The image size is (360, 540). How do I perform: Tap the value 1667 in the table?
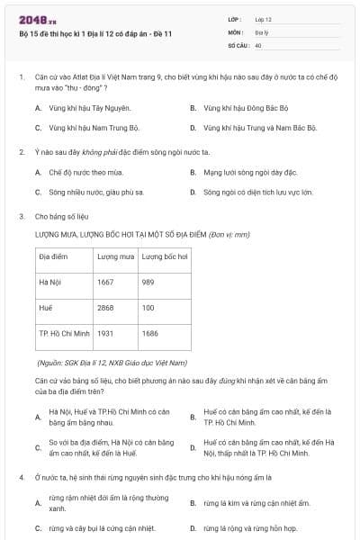click(x=105, y=282)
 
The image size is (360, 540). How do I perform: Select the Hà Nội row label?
click(x=50, y=282)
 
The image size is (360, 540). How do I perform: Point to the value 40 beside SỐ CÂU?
click(x=258, y=44)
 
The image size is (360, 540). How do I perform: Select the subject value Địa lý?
click(x=261, y=31)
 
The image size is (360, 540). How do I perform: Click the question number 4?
click(x=21, y=477)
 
